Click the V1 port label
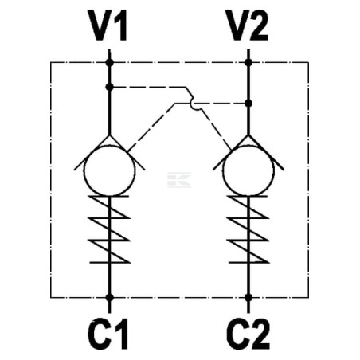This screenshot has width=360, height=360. pyautogui.click(x=108, y=25)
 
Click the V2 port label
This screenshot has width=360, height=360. pyautogui.click(x=247, y=25)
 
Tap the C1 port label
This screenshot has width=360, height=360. pyautogui.click(x=108, y=334)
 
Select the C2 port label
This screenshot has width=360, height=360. pyautogui.click(x=248, y=334)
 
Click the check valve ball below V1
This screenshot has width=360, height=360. pyautogui.click(x=109, y=170)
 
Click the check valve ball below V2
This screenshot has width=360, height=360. pyautogui.click(x=248, y=170)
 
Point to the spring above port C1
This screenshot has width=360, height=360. pyautogui.click(x=109, y=229)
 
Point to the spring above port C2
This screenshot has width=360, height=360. pyautogui.click(x=248, y=229)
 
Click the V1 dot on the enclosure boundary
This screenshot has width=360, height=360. pyautogui.click(x=109, y=63)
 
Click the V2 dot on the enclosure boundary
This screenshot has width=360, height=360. pyautogui.click(x=248, y=63)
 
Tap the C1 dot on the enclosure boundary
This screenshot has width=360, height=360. pyautogui.click(x=109, y=298)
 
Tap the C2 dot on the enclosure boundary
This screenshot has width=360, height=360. pyautogui.click(x=248, y=298)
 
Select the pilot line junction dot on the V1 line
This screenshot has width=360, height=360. pyautogui.click(x=109, y=87)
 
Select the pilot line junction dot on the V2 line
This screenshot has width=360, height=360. pyautogui.click(x=248, y=103)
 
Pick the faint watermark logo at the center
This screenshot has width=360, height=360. pyautogui.click(x=179, y=180)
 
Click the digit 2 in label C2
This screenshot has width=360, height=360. pyautogui.click(x=258, y=334)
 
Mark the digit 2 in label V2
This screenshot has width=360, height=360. pyautogui.click(x=257, y=25)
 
